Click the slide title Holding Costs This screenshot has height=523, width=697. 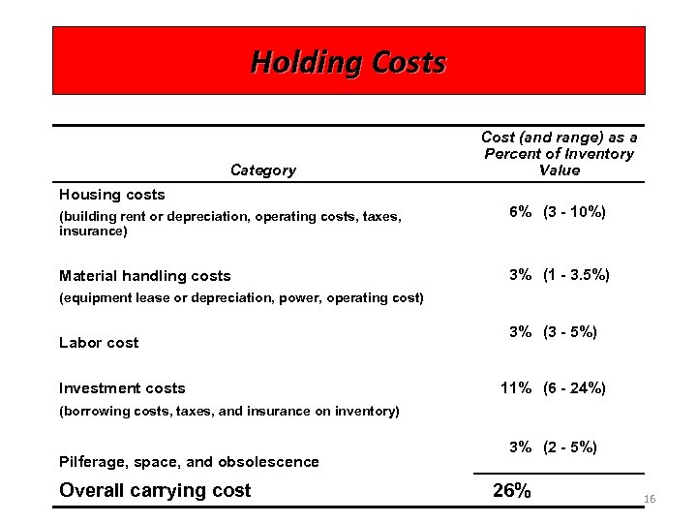pos(348,62)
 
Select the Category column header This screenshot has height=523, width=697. pos(263,170)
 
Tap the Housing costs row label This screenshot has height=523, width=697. pos(112,195)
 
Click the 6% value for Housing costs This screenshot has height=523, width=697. pos(520,211)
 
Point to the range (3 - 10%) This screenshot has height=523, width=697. pos(575,211)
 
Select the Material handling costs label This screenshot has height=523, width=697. pos(145,276)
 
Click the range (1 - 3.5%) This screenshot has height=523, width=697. pos(576,275)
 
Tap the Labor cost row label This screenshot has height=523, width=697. pos(99,343)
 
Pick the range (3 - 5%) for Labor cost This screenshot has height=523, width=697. pos(570,332)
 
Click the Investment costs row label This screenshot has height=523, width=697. pos(122,388)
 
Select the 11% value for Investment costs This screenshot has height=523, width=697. pos(516,388)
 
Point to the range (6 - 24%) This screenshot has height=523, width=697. pos(575,388)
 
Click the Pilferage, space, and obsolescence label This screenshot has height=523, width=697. pos(189,462)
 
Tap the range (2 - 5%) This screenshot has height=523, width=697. pos(570,447)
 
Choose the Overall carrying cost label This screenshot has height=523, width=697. pos(155,490)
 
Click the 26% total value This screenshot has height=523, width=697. pos(512,491)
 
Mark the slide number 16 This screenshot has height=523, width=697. pos(650,499)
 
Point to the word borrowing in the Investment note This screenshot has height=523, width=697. pos(96,412)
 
